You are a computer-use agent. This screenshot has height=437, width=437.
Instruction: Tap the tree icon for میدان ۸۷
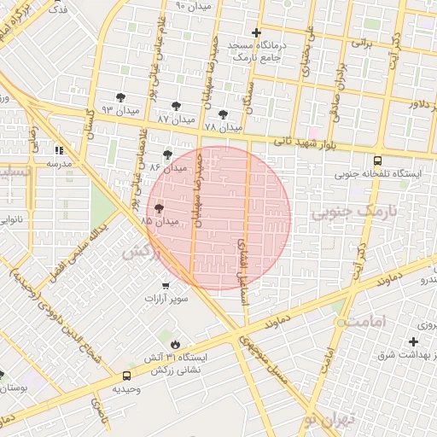click(x=176, y=107)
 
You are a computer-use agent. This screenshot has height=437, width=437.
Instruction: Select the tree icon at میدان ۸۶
click(x=166, y=154)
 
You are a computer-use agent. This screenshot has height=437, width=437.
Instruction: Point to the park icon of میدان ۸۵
click(x=160, y=207)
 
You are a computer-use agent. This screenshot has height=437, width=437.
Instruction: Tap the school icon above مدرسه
click(x=59, y=149)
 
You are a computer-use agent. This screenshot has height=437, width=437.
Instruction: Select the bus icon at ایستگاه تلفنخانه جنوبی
click(x=378, y=159)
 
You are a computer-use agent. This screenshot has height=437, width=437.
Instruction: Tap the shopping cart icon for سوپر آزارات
click(x=165, y=286)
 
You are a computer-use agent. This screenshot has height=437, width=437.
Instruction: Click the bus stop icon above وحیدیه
click(x=127, y=375)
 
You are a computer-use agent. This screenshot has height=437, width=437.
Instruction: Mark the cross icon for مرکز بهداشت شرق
click(x=412, y=341)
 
